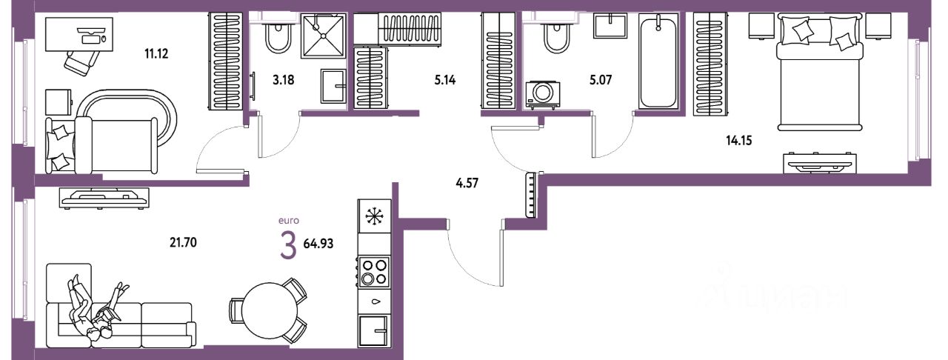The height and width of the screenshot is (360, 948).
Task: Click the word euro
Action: coord(287,220)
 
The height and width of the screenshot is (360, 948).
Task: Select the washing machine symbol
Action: coord(542,94)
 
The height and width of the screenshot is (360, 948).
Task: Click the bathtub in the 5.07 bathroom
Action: coord(658,64)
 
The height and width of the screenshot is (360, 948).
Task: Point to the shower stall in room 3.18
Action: coord(324,36)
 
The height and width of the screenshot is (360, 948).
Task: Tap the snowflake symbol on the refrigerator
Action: coord(374,217)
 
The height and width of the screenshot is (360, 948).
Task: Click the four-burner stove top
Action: coord(374,271)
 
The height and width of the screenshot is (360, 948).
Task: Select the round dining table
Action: coord(269,309)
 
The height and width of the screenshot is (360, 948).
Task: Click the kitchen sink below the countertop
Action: coord(374,330)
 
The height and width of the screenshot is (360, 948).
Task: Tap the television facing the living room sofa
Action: coord(103,196)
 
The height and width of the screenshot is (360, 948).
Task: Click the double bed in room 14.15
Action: coord(818,81)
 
